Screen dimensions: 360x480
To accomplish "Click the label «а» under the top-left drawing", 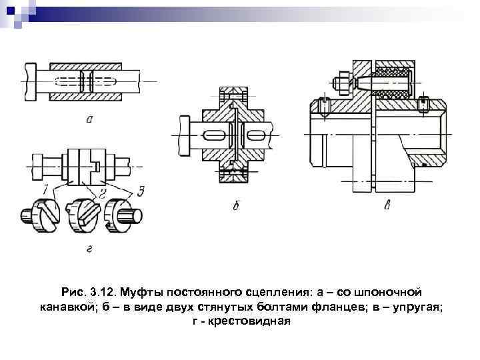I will (x=89, y=120).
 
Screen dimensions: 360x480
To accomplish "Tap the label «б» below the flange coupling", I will (x=235, y=207).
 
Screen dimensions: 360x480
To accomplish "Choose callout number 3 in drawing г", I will (x=141, y=191).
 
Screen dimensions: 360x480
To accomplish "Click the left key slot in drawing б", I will (x=212, y=135).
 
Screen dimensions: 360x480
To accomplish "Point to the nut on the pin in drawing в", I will (x=338, y=83).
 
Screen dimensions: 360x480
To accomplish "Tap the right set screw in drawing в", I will (x=423, y=104).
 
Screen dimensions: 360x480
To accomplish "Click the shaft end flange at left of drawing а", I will (x=31, y=81).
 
